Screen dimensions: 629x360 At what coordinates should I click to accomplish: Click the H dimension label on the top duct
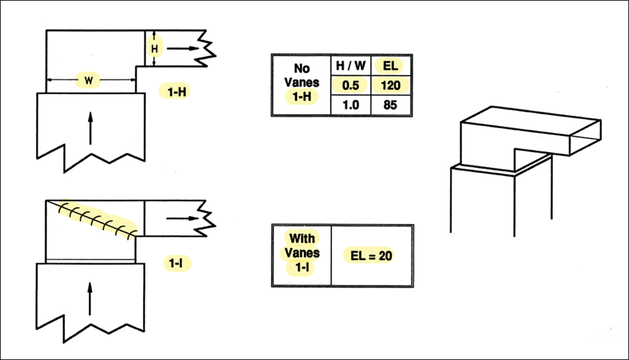coord(154,49)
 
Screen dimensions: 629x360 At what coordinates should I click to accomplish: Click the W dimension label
coord(88,81)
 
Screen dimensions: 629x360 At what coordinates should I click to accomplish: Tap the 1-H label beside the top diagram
coord(177,92)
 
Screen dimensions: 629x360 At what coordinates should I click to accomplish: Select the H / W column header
coord(350,65)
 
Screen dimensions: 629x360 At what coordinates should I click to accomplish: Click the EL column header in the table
coord(390,65)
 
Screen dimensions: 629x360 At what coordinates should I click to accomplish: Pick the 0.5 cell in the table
coord(350,85)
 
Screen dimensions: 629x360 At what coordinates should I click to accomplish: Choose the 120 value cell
coord(390,85)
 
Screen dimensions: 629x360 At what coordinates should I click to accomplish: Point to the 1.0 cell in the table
coord(350,105)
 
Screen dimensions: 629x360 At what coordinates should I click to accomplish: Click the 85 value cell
coord(390,105)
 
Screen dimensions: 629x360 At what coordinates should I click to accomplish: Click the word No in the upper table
coord(302,68)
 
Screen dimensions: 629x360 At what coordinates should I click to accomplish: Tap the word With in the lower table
coord(302,239)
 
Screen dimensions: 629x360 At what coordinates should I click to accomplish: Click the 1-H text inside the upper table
coord(302,96)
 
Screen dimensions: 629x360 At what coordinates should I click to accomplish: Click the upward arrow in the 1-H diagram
coord(90,128)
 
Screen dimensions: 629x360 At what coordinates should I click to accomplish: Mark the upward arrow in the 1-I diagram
coord(90,299)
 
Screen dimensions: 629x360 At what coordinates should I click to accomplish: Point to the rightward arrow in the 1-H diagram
coord(183,48)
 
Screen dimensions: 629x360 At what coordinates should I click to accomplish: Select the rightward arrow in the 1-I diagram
coord(183,218)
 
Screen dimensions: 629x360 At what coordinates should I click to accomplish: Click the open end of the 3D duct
coord(586,137)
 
